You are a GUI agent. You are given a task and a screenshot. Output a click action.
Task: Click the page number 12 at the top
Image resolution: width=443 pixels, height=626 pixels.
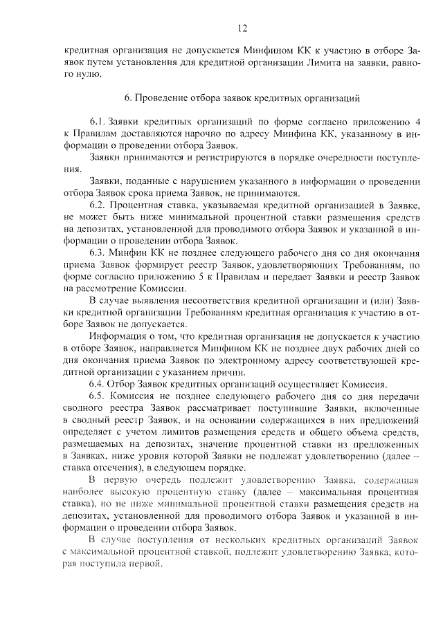(242, 28)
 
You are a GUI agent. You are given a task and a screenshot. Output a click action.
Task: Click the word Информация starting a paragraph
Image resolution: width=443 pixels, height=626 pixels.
(118, 337)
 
